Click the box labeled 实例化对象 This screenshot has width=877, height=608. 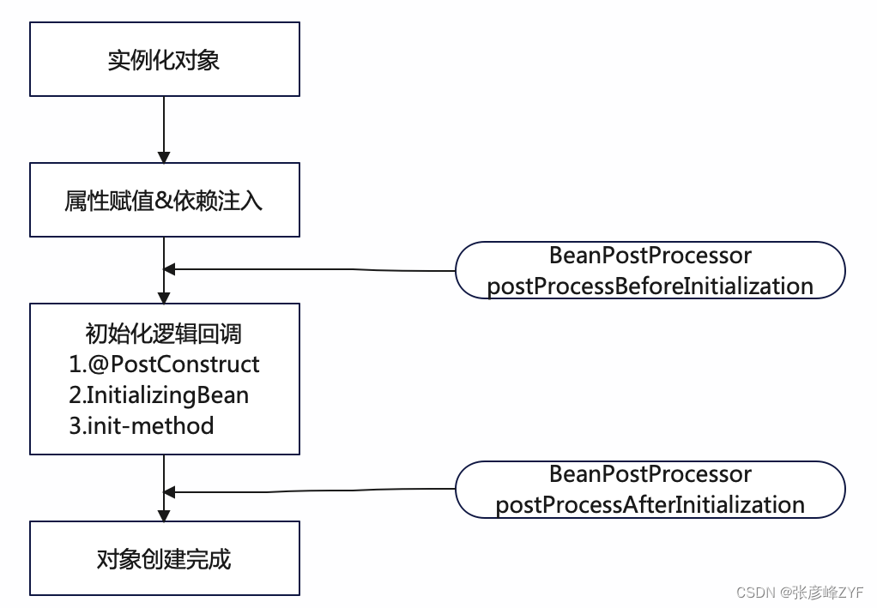click(164, 60)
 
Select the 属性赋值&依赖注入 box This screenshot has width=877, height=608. click(164, 200)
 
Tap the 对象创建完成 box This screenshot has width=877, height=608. click(164, 559)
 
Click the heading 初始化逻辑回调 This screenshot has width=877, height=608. click(164, 334)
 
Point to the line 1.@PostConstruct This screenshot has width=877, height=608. click(164, 364)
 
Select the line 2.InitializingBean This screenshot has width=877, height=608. click(159, 394)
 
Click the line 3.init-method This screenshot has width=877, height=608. click(142, 425)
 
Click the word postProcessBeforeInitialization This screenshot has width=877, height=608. click(650, 286)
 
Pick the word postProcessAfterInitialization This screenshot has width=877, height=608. click(650, 504)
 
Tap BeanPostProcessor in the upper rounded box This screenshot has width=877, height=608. click(650, 256)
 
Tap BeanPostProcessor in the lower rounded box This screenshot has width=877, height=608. click(650, 474)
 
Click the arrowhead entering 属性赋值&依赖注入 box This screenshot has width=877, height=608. click(164, 157)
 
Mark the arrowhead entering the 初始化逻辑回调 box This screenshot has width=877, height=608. click(164, 297)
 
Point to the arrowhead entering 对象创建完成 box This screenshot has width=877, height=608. click(164, 515)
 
